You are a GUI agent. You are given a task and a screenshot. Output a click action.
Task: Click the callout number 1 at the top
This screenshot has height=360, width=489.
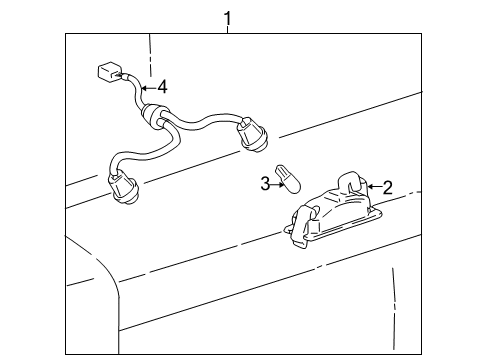pos(228,17)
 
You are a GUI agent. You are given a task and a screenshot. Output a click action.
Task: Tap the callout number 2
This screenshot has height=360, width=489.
pos(387,186)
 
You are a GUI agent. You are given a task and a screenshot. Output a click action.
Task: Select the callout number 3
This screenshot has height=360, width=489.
pos(264,183)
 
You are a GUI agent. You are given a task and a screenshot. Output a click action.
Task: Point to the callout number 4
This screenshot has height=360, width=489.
pos(162,87)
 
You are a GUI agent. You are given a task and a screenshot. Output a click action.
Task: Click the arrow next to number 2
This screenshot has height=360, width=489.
pos(373,186)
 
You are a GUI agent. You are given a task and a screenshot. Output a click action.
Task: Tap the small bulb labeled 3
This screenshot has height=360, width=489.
pos(290,181)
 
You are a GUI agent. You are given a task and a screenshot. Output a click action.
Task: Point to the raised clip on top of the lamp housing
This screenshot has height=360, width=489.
pos(352,180)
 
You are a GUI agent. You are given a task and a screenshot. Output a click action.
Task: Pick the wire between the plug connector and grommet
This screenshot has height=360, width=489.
pos(133,92)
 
